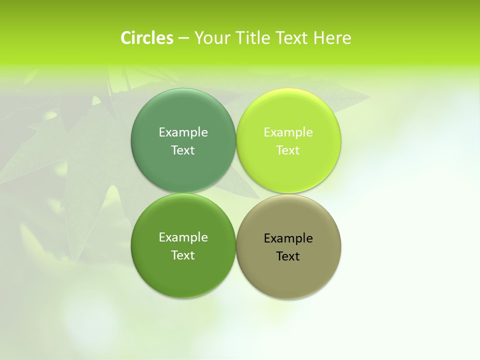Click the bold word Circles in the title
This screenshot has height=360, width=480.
147,38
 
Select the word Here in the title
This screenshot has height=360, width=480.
332,38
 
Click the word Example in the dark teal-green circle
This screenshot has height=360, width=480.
183,132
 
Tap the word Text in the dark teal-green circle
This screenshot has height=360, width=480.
183,150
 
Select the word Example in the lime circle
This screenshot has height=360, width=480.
288,132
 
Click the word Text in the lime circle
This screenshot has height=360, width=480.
288,150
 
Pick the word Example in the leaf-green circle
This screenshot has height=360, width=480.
183,237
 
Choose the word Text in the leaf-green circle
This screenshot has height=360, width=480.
183,255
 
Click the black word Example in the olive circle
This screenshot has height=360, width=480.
288,238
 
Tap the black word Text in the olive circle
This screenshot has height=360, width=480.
288,256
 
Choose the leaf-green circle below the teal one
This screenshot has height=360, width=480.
183,277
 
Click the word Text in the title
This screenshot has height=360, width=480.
292,38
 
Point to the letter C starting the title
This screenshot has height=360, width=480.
126,38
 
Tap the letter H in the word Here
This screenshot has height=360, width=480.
318,38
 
